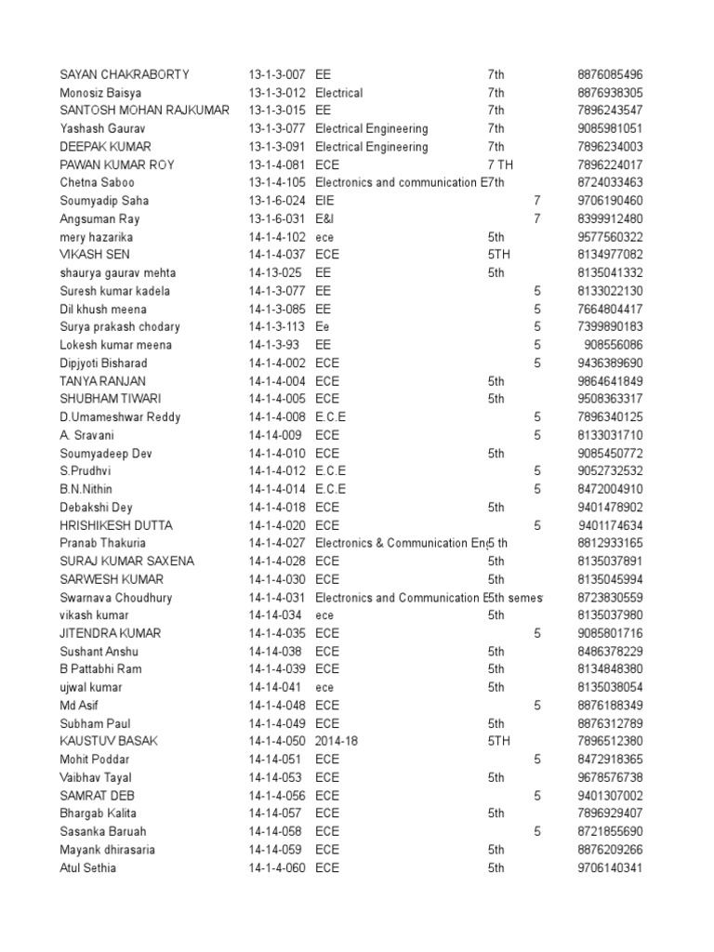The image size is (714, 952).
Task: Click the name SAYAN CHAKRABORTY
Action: [124, 74]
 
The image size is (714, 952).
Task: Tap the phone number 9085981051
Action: [610, 128]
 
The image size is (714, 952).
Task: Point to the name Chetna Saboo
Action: [98, 182]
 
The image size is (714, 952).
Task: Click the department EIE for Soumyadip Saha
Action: [325, 201]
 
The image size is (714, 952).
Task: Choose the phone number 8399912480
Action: [610, 218]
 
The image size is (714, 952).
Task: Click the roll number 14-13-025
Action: [275, 273]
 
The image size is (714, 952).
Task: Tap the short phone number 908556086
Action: [614, 345]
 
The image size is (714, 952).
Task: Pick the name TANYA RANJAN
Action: [102, 381]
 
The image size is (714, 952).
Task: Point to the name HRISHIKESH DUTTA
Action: [115, 525]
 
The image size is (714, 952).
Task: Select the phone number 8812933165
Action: [610, 543]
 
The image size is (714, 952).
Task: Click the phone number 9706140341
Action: [610, 867]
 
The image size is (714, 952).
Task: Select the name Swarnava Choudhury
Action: [115, 598]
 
